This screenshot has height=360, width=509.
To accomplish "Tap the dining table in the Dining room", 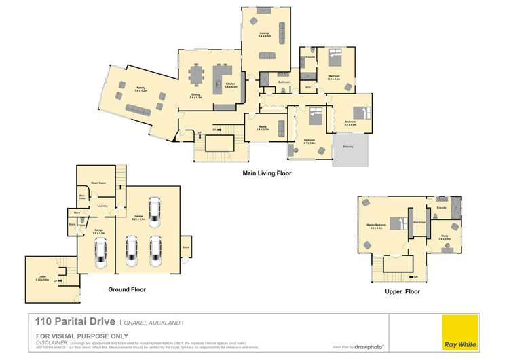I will (x=197, y=72).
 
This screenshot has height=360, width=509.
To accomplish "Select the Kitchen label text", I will (x=231, y=84).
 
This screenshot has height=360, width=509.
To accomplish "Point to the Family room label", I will (x=140, y=88).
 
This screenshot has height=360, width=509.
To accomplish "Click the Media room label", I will (x=263, y=127).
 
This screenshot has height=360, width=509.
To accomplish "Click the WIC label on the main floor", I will (x=307, y=87).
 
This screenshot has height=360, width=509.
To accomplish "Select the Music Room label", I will (x=98, y=183).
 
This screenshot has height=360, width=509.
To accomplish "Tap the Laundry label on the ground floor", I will (x=103, y=206).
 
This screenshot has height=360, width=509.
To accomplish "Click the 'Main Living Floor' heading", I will (x=267, y=173).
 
